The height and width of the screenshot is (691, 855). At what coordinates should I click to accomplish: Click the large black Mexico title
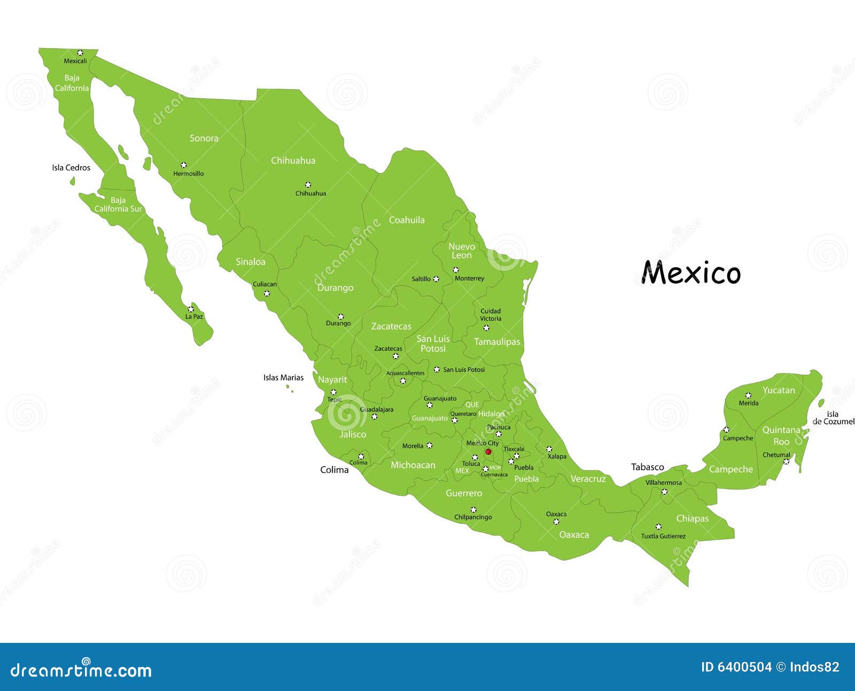[691, 273]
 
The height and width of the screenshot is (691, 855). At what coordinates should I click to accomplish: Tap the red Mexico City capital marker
[488, 452]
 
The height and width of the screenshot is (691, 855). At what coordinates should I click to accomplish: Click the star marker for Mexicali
[80, 52]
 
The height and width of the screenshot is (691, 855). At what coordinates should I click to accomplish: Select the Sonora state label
[204, 138]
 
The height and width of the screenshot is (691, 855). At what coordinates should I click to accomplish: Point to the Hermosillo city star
[183, 165]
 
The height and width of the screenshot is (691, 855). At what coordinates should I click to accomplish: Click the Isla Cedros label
[71, 168]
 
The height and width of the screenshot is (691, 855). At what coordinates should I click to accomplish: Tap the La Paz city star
[190, 309]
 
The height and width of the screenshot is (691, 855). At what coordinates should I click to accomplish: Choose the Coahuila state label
[407, 220]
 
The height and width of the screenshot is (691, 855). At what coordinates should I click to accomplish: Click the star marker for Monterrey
[455, 270]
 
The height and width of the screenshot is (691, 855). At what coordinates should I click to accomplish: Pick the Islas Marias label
[283, 378]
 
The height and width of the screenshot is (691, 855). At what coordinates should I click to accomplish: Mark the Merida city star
[748, 395]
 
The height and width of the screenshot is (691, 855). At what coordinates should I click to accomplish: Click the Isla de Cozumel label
[833, 418]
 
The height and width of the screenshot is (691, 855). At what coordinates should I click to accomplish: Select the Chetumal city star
[786, 461]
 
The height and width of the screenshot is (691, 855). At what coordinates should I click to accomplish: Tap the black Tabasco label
[648, 467]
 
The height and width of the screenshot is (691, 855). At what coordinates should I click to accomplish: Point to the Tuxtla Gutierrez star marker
[658, 526]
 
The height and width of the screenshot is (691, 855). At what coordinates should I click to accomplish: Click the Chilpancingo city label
[473, 517]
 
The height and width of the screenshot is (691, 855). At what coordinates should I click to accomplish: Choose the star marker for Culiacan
[267, 293]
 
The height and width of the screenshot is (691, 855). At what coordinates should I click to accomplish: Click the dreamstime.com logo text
[81, 670]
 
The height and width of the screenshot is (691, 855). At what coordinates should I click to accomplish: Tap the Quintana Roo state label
[781, 436]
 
